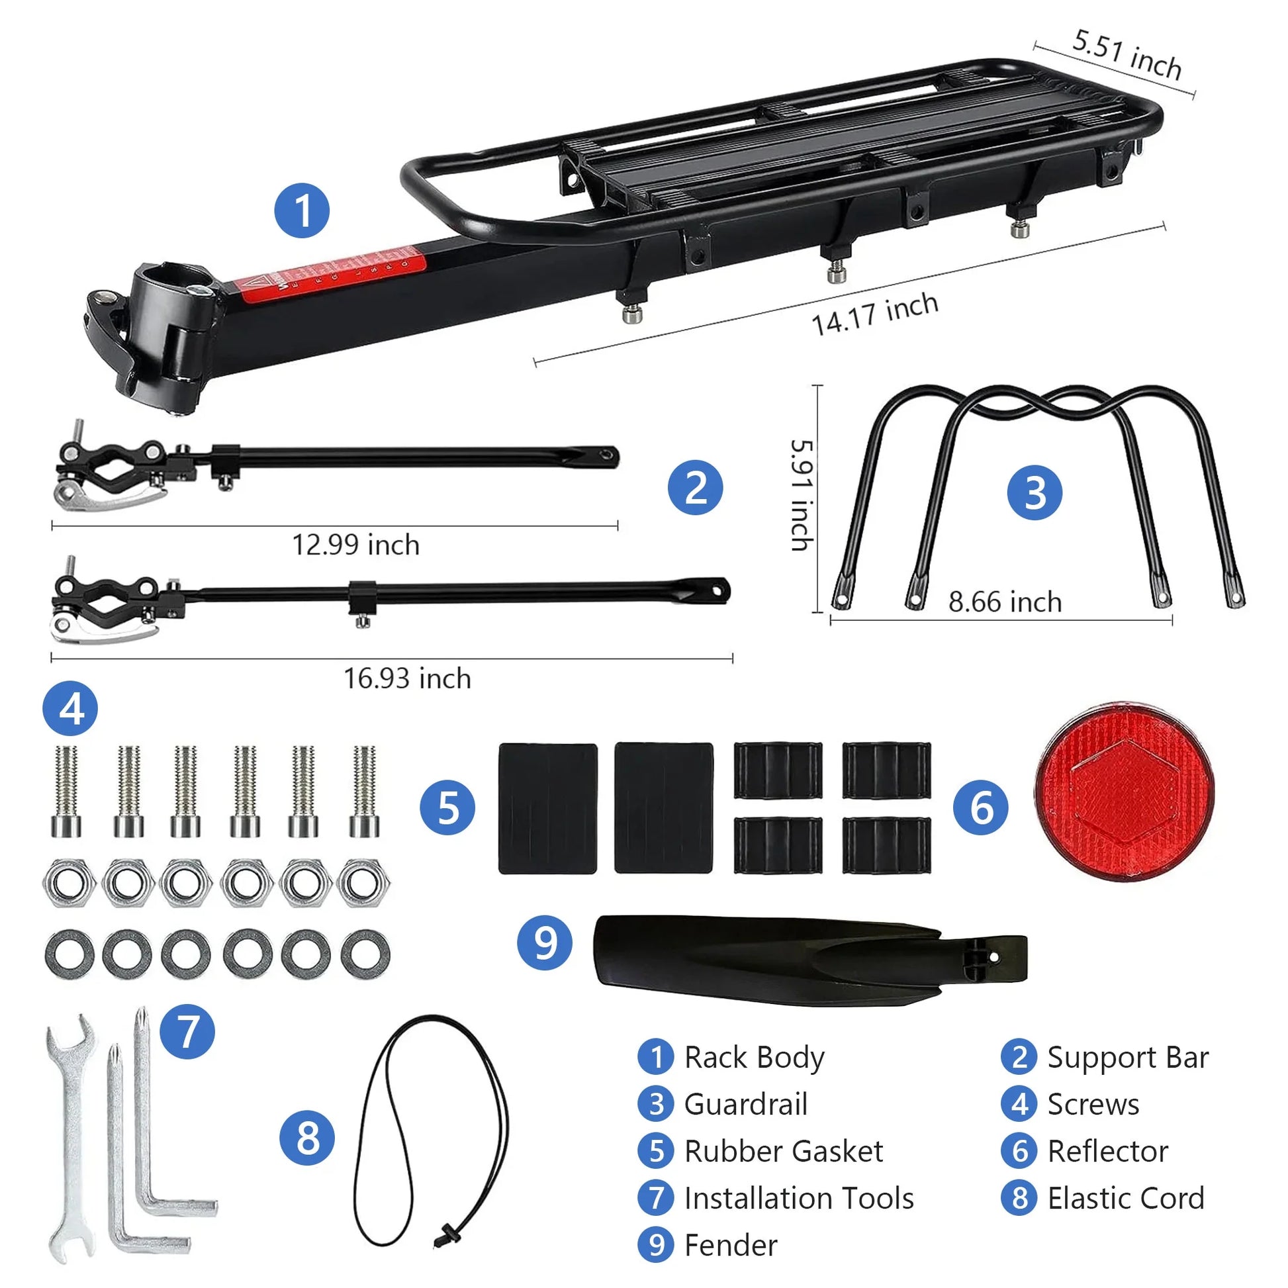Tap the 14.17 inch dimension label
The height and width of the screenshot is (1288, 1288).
pyautogui.click(x=875, y=313)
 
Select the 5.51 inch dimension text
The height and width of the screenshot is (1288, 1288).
pyautogui.click(x=1127, y=55)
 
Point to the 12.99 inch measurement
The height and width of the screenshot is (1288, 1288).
pyautogui.click(x=356, y=545)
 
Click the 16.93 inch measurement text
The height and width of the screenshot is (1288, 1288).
pyautogui.click(x=407, y=678)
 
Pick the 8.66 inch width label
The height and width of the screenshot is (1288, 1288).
pyautogui.click(x=1005, y=602)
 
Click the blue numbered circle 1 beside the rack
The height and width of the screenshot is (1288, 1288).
pyautogui.click(x=302, y=210)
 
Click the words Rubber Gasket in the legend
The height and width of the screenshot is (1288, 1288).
pyautogui.click(x=784, y=1152)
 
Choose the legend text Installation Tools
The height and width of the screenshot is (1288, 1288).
pyautogui.click(x=799, y=1198)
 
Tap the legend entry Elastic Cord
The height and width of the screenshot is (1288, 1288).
pyautogui.click(x=1125, y=1198)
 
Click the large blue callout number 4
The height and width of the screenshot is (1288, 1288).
pyautogui.click(x=70, y=708)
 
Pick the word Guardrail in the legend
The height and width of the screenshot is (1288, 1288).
pyautogui.click(x=745, y=1104)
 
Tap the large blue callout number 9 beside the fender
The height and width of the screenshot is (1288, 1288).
pyautogui.click(x=545, y=943)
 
